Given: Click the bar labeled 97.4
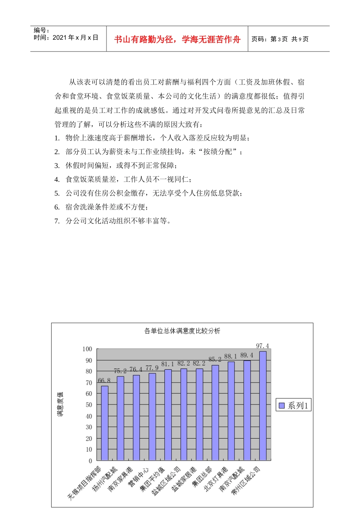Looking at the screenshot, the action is [x=263, y=405].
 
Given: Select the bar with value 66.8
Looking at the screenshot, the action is [x=105, y=423].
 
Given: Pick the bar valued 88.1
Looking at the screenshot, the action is [x=231, y=411].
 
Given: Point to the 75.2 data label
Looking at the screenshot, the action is [x=120, y=371].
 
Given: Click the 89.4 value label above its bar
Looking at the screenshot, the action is [x=247, y=355].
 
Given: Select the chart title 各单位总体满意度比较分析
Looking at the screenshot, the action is [x=182, y=331].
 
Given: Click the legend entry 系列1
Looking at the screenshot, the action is [x=294, y=406].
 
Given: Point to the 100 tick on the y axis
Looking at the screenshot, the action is [x=87, y=349].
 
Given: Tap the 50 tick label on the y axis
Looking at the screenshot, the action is [x=89, y=404].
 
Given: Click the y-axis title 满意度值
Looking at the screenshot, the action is [x=60, y=404].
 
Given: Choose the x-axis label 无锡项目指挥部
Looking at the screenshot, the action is [x=84, y=482].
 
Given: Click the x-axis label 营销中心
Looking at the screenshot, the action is [x=139, y=477].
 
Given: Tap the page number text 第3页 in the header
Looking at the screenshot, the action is [x=279, y=39].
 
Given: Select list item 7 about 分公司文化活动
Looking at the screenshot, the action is [x=118, y=221].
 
